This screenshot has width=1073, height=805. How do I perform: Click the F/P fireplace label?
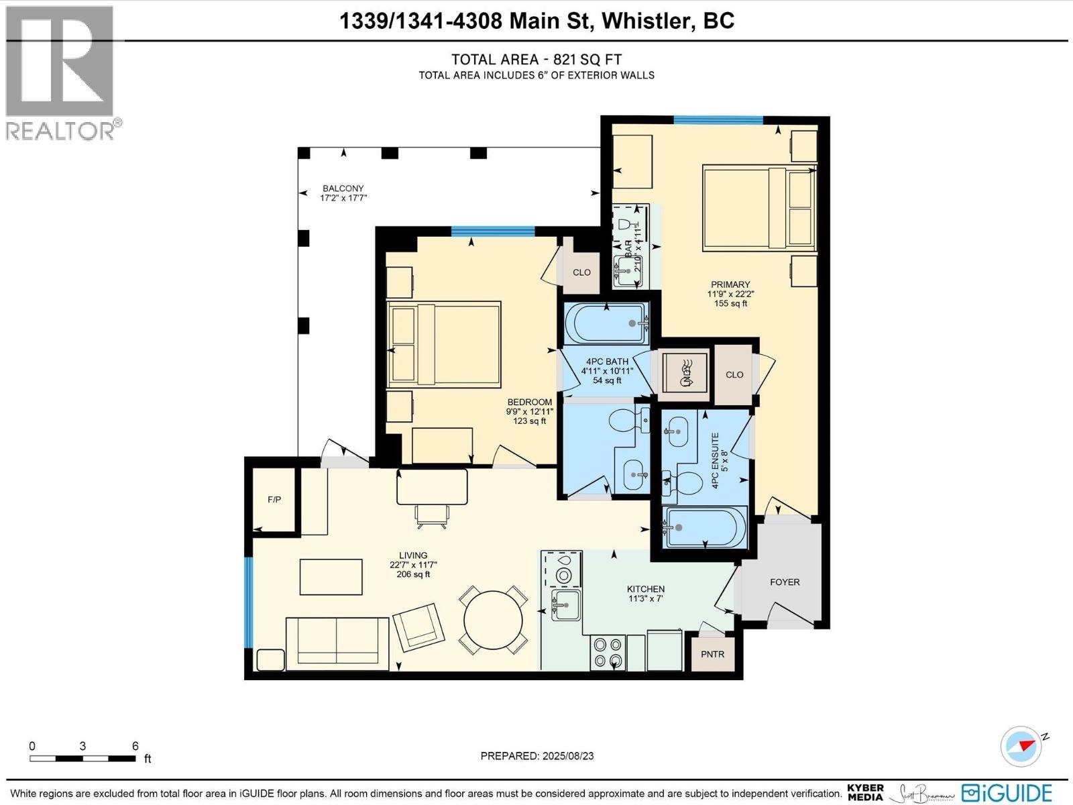(x=274, y=500)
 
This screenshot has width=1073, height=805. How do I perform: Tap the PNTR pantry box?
(x=712, y=653)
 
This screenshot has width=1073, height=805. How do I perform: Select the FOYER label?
(x=784, y=582)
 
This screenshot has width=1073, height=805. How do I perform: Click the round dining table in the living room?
(x=494, y=621)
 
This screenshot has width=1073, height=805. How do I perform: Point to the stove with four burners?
(x=608, y=653)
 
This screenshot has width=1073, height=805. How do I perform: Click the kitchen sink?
(x=565, y=606)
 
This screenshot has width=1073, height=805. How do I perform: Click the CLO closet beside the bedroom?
(x=581, y=272)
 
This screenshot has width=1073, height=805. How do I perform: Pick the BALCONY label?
(x=343, y=189)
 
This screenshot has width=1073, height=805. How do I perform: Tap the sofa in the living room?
(x=337, y=643)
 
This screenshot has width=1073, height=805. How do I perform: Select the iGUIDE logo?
(x=1006, y=792)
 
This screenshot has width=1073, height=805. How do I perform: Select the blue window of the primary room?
(x=718, y=120)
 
